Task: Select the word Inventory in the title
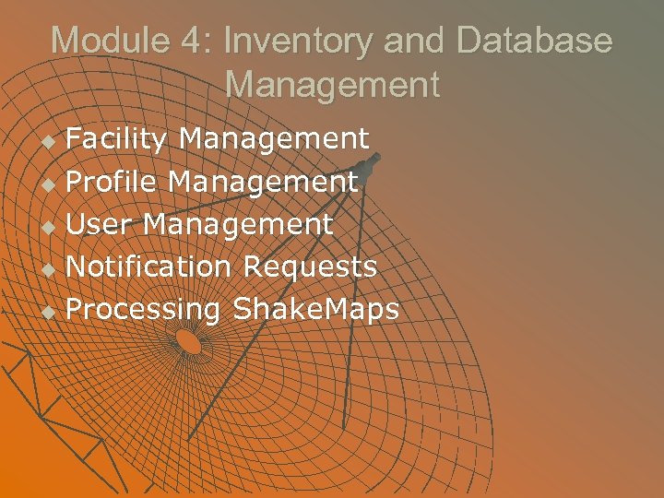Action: point(297,41)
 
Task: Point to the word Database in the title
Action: point(535,41)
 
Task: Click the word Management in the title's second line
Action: point(332,85)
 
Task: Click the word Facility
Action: point(116,139)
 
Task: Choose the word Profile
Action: point(112,183)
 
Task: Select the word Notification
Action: point(148,267)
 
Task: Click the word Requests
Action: point(310,267)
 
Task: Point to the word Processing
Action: point(144,310)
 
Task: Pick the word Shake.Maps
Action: point(316,310)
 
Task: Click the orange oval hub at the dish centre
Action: point(188,342)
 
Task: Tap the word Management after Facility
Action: point(274,139)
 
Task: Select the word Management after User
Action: point(238,224)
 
